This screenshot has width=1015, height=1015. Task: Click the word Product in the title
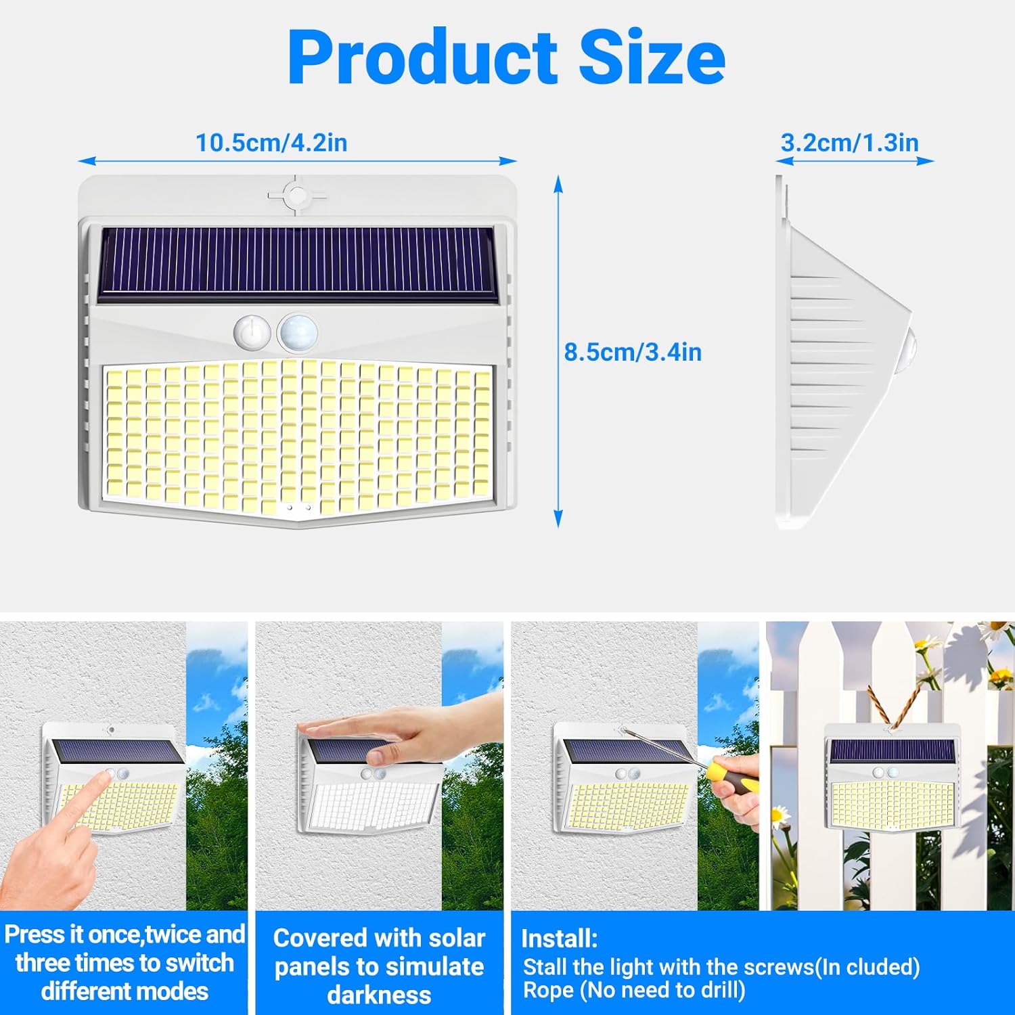click(x=423, y=57)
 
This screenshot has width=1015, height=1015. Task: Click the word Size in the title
click(x=652, y=57)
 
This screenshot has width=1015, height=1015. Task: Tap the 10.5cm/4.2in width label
click(x=271, y=143)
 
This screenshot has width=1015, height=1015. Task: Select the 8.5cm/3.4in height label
click(x=633, y=352)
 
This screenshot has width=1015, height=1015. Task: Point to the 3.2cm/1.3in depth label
click(x=850, y=143)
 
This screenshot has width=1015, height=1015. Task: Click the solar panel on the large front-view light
click(x=297, y=264)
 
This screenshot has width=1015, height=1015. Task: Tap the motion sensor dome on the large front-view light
click(x=298, y=332)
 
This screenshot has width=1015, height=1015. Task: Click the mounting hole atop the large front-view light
click(x=296, y=196)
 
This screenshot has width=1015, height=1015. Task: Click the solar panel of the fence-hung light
click(x=892, y=750)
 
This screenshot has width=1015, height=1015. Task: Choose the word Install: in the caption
click(x=560, y=939)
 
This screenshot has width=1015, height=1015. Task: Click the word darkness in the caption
click(x=379, y=995)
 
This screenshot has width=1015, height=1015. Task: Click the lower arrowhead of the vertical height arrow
click(x=558, y=519)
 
